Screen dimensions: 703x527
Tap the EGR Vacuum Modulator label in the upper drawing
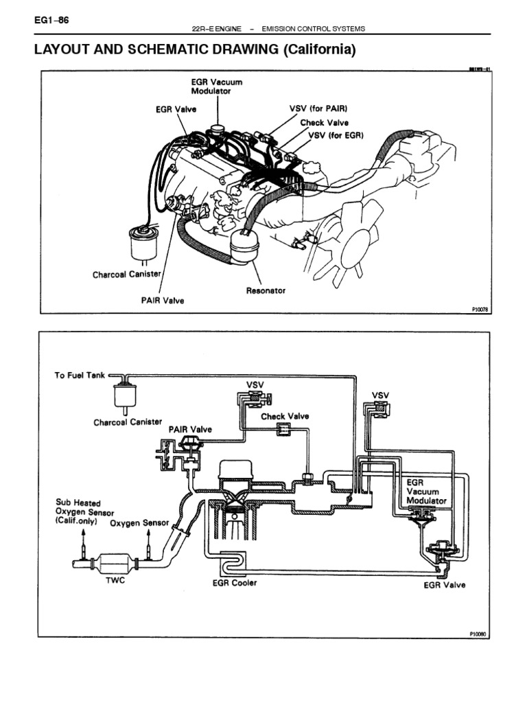click(x=216, y=87)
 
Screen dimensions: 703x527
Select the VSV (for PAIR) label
click(x=318, y=108)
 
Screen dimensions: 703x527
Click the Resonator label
click(x=266, y=290)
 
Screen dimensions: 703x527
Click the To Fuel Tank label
click(x=80, y=376)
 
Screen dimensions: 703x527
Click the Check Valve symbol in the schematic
click(x=283, y=430)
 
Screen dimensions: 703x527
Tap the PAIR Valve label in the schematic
click(x=190, y=429)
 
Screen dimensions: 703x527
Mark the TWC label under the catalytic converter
click(x=115, y=579)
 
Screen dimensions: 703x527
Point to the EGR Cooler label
click(x=235, y=584)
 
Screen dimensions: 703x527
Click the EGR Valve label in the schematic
click(x=444, y=585)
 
